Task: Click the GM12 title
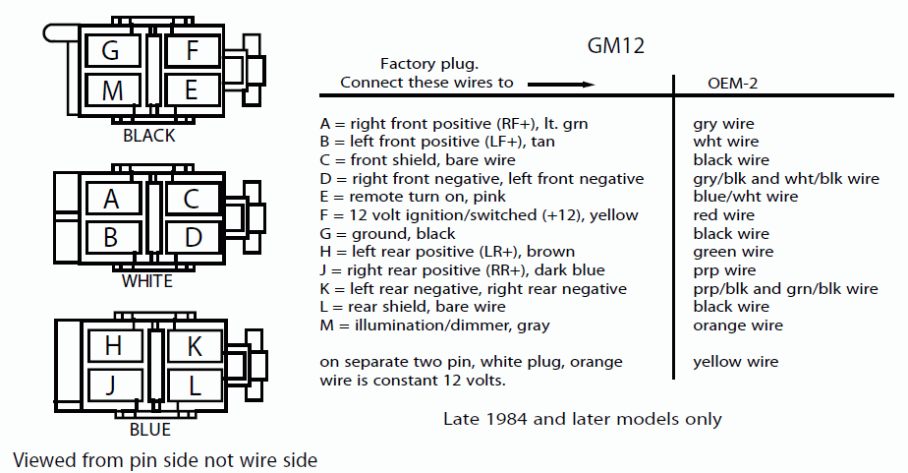pos(615,45)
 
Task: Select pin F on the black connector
pos(192,51)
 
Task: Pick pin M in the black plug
pos(111,90)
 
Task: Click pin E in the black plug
pos(192,90)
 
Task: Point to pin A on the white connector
pos(111,199)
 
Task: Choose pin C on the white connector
pos(192,199)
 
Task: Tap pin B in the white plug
pos(111,237)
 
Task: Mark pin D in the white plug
pos(192,237)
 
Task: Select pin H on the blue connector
pos(113,345)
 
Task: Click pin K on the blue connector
pos(193,345)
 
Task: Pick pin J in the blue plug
pos(113,384)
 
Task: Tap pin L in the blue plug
pos(193,384)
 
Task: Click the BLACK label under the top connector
pos(149,136)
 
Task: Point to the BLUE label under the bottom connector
pos(149,430)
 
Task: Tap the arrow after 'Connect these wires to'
pos(574,84)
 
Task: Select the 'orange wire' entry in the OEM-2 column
pos(738,325)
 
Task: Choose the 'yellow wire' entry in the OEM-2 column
pos(735,362)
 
